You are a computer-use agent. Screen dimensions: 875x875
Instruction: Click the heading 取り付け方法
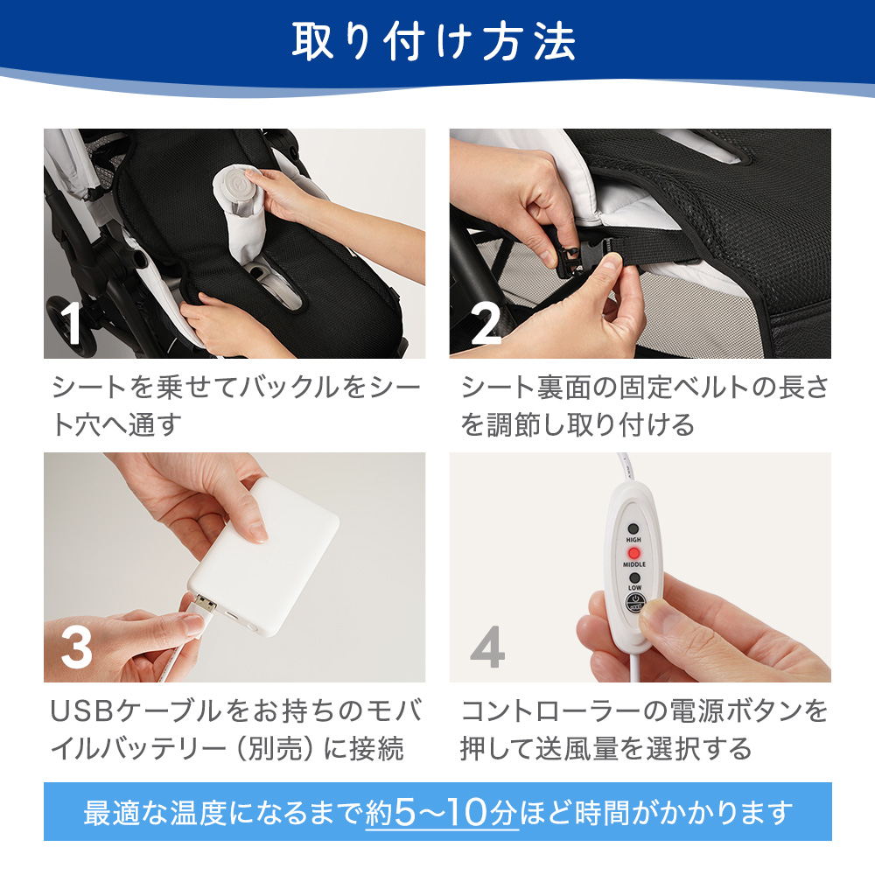click(434, 41)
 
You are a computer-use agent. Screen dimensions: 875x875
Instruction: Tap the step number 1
click(72, 323)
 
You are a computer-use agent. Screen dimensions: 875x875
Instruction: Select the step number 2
click(486, 323)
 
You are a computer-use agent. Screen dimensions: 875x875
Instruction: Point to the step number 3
click(76, 647)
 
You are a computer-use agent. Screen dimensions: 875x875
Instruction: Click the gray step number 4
click(487, 647)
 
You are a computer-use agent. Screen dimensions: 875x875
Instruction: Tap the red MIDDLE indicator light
click(633, 554)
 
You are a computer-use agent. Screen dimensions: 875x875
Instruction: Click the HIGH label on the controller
click(633, 540)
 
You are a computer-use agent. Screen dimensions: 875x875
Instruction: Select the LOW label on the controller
click(635, 588)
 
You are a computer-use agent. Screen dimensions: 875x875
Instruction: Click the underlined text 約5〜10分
click(442, 813)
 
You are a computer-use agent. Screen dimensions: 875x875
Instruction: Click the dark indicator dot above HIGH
click(633, 528)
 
